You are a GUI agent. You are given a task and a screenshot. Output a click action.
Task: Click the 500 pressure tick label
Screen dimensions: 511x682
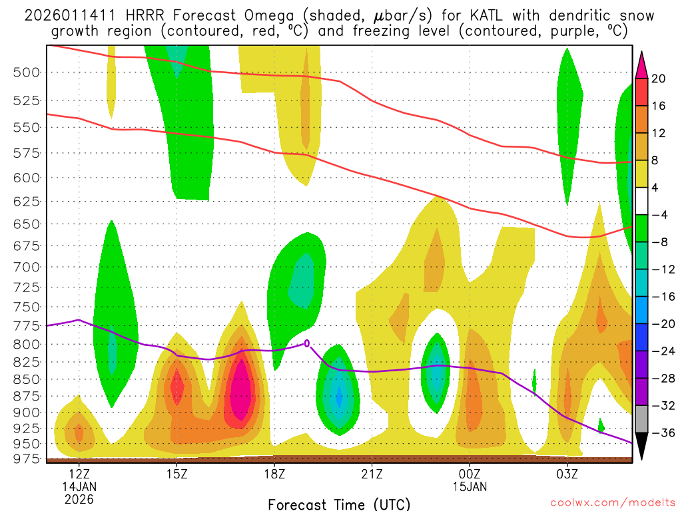click(26, 72)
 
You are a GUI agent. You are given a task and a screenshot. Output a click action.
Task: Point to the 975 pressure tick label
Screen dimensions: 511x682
click(26, 459)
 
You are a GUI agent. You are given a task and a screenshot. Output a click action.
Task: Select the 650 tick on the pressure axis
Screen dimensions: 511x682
click(26, 224)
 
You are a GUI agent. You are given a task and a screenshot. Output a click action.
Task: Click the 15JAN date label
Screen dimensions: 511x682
click(470, 486)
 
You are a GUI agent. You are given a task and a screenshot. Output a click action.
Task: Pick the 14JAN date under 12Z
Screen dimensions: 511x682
click(79, 486)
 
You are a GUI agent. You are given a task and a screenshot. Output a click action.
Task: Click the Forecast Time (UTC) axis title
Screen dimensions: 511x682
click(339, 504)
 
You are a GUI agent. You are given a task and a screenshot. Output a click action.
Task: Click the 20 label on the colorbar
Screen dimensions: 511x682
click(659, 79)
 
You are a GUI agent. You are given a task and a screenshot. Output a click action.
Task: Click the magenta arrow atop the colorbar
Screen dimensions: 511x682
click(642, 65)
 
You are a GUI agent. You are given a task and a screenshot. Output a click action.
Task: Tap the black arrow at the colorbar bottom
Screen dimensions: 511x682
click(642, 446)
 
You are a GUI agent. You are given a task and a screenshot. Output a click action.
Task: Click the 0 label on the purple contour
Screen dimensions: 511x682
click(307, 343)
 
